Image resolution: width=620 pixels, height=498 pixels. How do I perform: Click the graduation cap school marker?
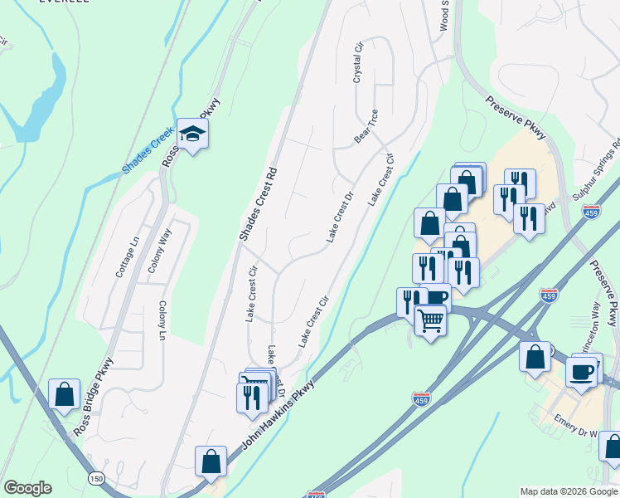[192, 134]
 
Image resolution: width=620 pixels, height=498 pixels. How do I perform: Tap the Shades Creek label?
[147, 149]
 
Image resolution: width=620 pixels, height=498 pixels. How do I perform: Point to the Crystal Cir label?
[359, 63]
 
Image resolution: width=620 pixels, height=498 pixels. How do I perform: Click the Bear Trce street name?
[366, 126]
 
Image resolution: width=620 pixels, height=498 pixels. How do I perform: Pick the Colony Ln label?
[162, 320]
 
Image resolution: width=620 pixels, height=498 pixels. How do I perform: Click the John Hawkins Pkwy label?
[278, 416]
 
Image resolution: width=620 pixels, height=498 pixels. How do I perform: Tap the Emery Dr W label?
[575, 432]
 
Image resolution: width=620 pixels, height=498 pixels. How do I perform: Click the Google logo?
[27, 488]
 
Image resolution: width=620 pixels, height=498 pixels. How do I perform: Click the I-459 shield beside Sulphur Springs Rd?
[591, 212]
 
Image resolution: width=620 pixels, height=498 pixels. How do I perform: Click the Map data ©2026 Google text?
[569, 491]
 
